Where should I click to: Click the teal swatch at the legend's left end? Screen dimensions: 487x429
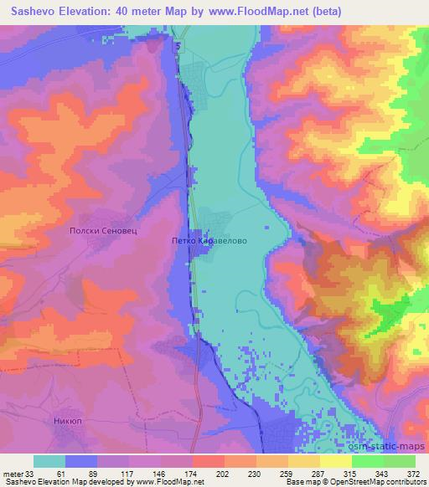49,460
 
